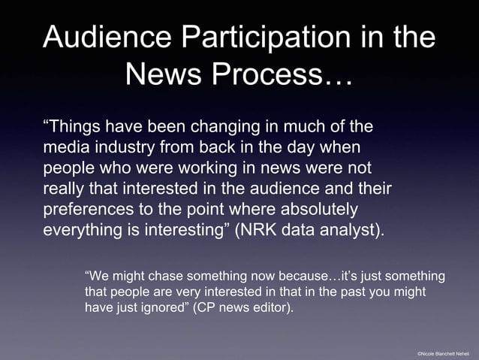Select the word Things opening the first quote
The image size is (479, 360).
pyautogui.click(x=77, y=125)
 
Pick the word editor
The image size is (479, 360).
pyautogui.click(x=273, y=307)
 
